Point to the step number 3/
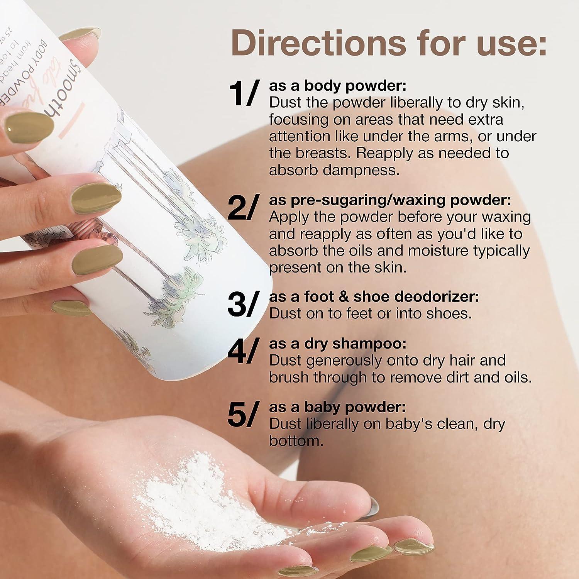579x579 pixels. click(242, 304)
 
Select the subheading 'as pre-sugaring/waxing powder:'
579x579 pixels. click(390, 200)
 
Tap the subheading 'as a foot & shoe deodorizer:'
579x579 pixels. click(374, 297)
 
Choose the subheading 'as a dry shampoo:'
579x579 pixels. click(338, 344)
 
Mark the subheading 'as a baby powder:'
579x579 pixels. click(337, 407)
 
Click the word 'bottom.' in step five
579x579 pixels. click(296, 441)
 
